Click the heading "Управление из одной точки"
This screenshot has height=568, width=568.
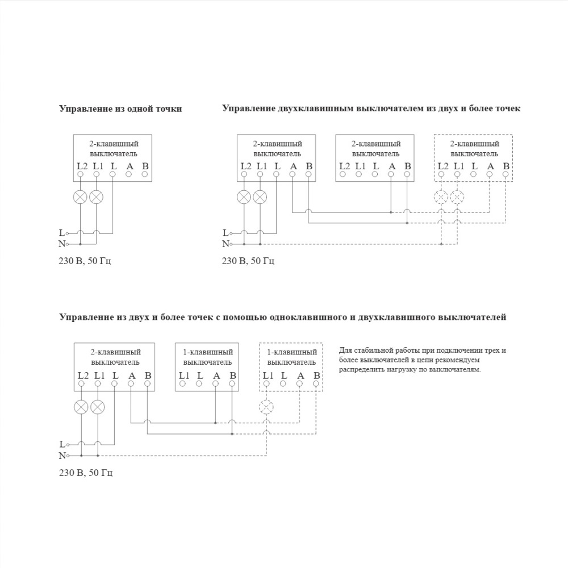pos(120,109)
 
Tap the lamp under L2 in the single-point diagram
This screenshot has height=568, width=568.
pos(81,197)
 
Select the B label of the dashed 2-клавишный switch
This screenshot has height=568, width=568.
pos(506,166)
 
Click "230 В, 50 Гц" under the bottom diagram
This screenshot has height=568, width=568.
pos(86,473)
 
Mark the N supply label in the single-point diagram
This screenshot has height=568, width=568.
pos(61,244)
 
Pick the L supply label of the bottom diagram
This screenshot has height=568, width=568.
pos(61,444)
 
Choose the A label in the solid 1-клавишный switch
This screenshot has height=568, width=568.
pos(216,375)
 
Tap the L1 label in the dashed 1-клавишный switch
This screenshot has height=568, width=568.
pos(267,375)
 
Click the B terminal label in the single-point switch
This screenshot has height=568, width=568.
pos(145,166)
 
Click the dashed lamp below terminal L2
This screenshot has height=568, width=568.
pos(441,197)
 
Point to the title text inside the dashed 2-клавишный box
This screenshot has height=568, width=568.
pos(474,149)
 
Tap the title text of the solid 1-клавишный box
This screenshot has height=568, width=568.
pos(207,357)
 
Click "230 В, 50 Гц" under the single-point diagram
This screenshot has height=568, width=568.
pos(86,261)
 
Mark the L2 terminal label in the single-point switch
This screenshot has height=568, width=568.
pos(81,166)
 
